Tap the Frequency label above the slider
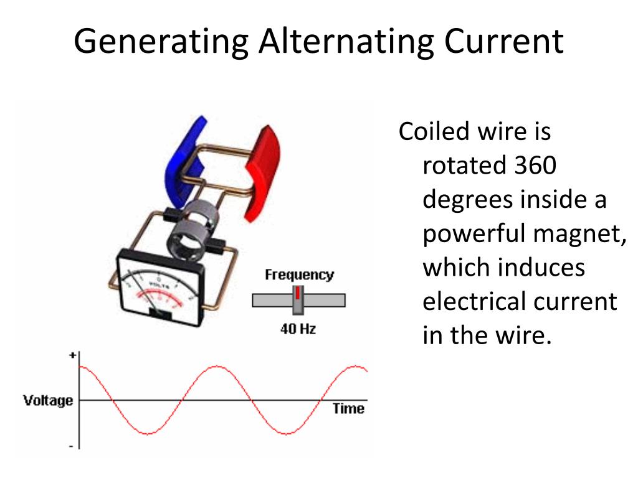tap(299, 274)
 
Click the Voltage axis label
tap(48, 400)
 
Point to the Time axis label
tap(348, 409)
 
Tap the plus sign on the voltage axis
tap(72, 355)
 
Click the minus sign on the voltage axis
tap(72, 446)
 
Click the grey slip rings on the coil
tap(190, 227)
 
